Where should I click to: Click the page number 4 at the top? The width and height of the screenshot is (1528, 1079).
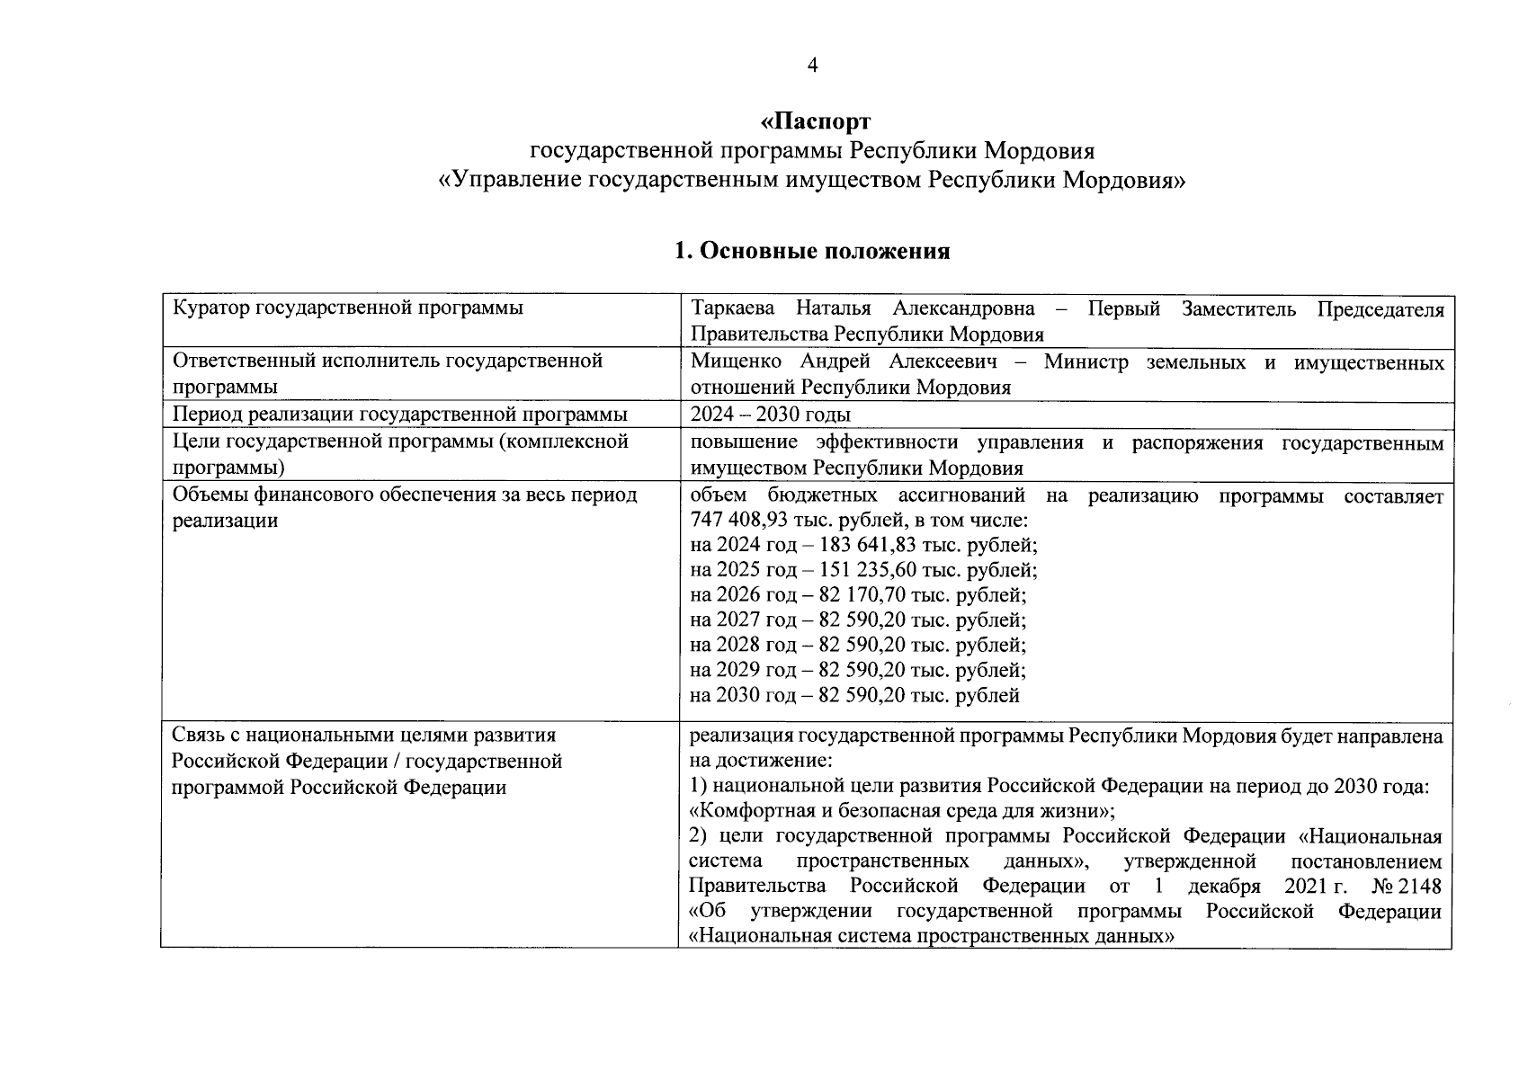click(x=812, y=65)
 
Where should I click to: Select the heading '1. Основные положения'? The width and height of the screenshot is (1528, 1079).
click(x=812, y=251)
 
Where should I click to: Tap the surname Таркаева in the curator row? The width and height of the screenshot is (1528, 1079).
click(x=732, y=309)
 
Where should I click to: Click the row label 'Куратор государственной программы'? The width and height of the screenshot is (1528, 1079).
click(x=347, y=308)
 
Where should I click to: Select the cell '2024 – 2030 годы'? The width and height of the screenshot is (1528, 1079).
click(x=770, y=415)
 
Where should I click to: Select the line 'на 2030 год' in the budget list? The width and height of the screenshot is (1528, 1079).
click(x=854, y=695)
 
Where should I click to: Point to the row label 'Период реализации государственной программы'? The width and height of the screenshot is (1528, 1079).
click(x=399, y=415)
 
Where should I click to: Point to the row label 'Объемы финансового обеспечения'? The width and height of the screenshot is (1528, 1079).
click(x=404, y=495)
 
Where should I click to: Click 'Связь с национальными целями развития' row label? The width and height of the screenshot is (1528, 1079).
click(x=363, y=736)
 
